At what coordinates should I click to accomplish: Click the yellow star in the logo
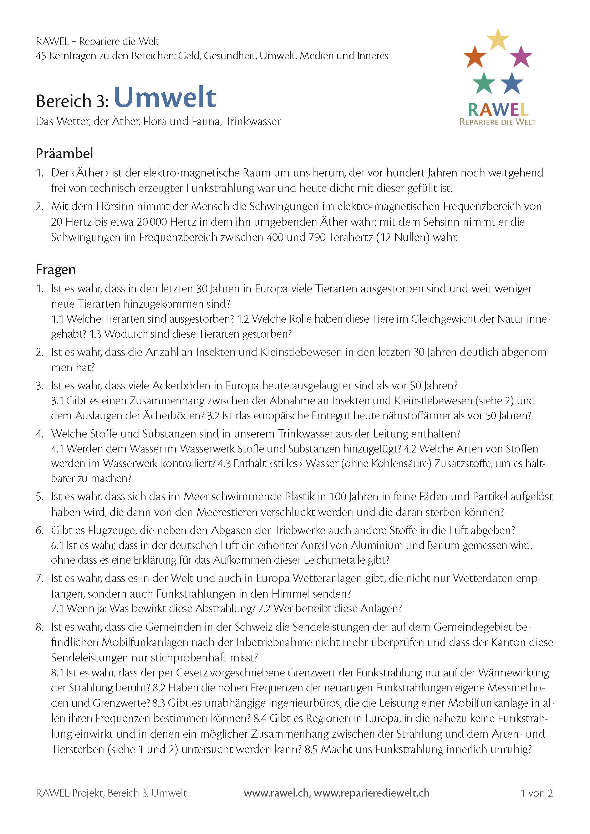pos(498,40)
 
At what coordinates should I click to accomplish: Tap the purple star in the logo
pos(522,57)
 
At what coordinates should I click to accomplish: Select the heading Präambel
pos(64,153)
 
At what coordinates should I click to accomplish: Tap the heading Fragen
pos(56,270)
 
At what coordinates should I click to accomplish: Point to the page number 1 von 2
pos(536,793)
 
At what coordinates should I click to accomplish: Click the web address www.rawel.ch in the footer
pos(276,793)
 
